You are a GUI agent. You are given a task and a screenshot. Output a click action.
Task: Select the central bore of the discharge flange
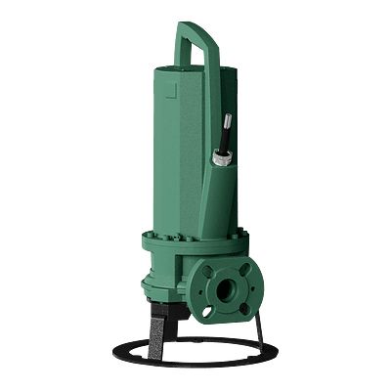[x=227, y=289]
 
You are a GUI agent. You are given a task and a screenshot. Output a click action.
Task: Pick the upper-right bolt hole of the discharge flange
[x=245, y=270]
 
